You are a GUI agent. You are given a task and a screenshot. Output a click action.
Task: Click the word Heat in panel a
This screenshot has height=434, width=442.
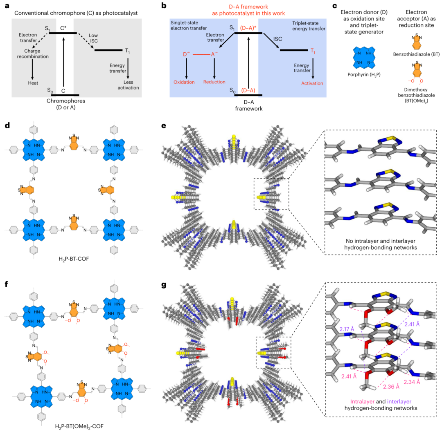click(x=32, y=83)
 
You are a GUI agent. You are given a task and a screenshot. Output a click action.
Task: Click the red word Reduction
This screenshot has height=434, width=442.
click(x=214, y=83)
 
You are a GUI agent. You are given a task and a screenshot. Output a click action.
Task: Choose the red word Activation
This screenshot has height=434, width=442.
click(x=312, y=83)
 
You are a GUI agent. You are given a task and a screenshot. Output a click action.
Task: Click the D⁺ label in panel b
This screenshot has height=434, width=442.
click(x=187, y=54)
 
